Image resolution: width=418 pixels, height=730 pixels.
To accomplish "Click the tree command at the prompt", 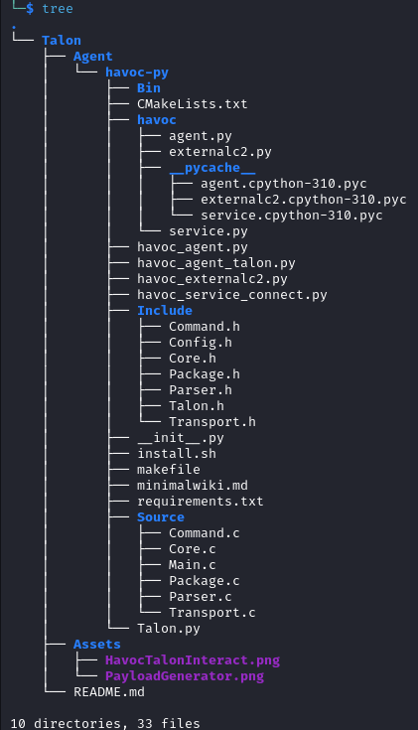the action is pyautogui.click(x=58, y=8).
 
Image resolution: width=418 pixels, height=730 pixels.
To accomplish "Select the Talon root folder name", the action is pyautogui.click(x=62, y=40).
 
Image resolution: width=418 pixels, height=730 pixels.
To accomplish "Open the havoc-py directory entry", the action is pyautogui.click(x=137, y=73).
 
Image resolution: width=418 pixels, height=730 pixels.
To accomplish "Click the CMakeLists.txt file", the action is pyautogui.click(x=193, y=104).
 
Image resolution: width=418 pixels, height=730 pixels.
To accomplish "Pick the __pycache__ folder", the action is pyautogui.click(x=212, y=168).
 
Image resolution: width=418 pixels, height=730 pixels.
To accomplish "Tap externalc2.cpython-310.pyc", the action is pyautogui.click(x=304, y=200).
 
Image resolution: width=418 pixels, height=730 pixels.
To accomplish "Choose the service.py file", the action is pyautogui.click(x=209, y=230).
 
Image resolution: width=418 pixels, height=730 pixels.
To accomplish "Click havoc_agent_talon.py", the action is pyautogui.click(x=216, y=263).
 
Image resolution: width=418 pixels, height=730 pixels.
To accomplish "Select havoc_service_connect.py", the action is pyautogui.click(x=231, y=295).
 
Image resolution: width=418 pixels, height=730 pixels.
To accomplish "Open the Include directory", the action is pyautogui.click(x=164, y=311).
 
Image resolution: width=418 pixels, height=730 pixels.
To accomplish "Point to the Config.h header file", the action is pyautogui.click(x=201, y=343).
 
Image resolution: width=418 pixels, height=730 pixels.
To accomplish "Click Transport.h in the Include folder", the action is pyautogui.click(x=212, y=422).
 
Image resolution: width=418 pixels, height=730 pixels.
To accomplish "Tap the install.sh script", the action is pyautogui.click(x=177, y=454).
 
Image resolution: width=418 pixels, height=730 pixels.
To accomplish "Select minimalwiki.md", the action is pyautogui.click(x=193, y=485).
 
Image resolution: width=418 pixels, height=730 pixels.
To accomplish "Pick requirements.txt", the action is pyautogui.click(x=201, y=501).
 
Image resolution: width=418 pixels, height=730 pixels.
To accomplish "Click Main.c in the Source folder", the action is pyautogui.click(x=193, y=565).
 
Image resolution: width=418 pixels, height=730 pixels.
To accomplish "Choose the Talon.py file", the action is pyautogui.click(x=169, y=628).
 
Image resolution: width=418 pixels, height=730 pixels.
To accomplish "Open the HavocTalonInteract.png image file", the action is pyautogui.click(x=193, y=660).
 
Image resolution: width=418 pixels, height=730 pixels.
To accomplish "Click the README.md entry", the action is pyautogui.click(x=109, y=692).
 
